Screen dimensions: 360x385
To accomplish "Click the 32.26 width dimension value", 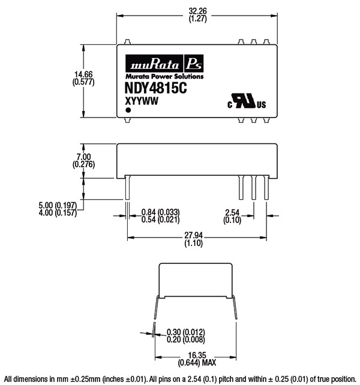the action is click(x=197, y=11).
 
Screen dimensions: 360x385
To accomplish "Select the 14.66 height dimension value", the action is click(x=83, y=74).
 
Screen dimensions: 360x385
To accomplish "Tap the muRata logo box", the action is click(x=154, y=64).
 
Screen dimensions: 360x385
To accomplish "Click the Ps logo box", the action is click(x=194, y=64).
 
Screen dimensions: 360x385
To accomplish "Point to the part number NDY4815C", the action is click(x=156, y=88).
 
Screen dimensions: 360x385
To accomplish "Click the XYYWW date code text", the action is click(x=142, y=101).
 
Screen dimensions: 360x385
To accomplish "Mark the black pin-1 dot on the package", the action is click(x=128, y=110).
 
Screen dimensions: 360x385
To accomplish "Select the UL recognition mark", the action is click(x=247, y=101).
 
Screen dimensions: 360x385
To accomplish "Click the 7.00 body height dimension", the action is click(x=83, y=157).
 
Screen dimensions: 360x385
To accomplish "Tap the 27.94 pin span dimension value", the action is click(x=194, y=236).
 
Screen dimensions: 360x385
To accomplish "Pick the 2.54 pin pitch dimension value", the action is click(x=232, y=212).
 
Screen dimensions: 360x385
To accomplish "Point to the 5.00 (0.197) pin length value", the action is click(x=58, y=205).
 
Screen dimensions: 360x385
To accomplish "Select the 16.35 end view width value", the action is click(x=197, y=355).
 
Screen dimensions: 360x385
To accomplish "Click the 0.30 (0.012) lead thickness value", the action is click(x=186, y=332).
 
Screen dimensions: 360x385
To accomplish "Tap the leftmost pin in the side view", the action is click(x=127, y=188).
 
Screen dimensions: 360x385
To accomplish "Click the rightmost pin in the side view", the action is click(x=266, y=188).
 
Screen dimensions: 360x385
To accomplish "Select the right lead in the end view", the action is click(x=234, y=308).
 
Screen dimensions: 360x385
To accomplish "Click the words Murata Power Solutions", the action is click(x=164, y=76).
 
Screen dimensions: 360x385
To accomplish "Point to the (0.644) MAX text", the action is click(x=197, y=363).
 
